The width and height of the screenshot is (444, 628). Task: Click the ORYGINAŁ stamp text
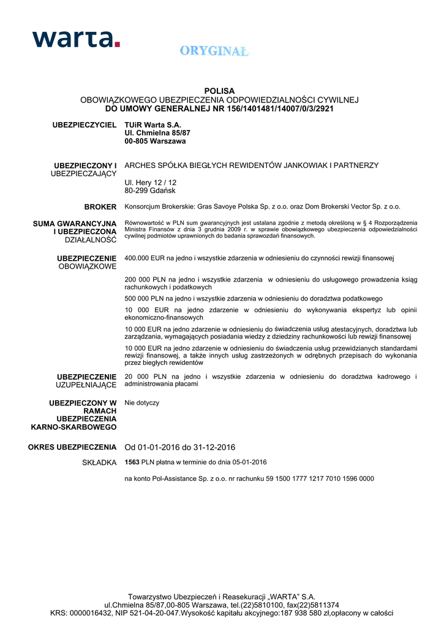pos(214,52)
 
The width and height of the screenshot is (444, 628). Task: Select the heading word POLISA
pos(219,91)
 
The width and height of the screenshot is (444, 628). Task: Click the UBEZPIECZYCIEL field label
pos(85,125)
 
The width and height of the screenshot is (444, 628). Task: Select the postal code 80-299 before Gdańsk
pos(136,191)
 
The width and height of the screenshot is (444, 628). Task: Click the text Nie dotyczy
pos(141,403)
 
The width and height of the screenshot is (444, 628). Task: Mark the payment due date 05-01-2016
pos(248,462)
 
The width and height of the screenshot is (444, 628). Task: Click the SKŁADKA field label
pos(99,462)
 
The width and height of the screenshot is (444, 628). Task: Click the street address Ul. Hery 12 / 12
pos(150,183)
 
